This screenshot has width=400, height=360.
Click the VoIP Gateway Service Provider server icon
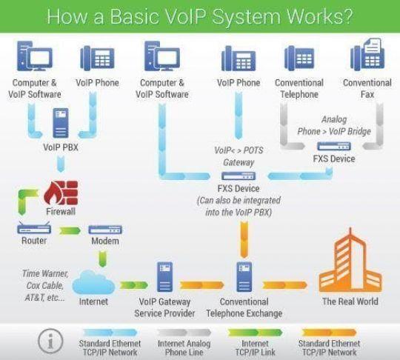[167, 277]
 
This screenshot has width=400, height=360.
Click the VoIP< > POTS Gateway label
[238, 157]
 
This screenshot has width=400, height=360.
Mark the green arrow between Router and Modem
[70, 230]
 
